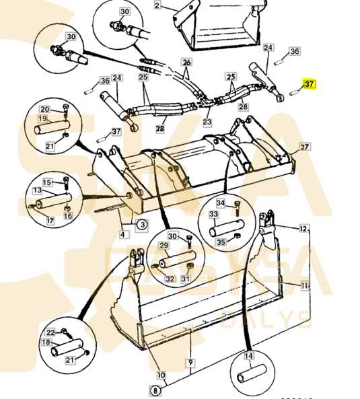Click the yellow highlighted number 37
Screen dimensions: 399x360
[309, 85]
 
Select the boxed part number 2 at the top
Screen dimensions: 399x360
[157, 5]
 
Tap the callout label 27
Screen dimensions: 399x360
[304, 147]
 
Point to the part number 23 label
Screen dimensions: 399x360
[207, 122]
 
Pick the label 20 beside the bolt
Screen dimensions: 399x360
[44, 109]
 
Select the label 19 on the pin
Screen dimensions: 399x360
[42, 118]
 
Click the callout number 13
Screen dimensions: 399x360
[38, 190]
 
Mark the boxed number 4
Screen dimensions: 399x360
[123, 235]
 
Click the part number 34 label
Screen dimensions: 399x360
[220, 203]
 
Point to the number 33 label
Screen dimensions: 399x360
[213, 214]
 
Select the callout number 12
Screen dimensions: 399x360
[304, 228]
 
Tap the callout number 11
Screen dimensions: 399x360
[304, 286]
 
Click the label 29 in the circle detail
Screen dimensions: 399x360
[164, 246]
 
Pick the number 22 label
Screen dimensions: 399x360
[50, 332]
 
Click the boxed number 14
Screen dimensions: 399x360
[248, 356]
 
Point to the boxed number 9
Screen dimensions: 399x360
[190, 362]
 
